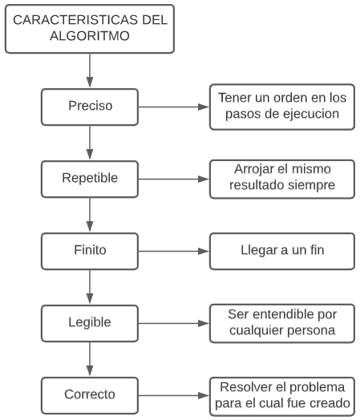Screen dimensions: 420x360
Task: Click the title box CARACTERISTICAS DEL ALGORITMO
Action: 89,29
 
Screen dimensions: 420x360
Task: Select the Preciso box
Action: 89,105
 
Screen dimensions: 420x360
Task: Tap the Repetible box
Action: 89,177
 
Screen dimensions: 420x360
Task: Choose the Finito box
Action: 89,249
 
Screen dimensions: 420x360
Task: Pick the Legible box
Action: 89,322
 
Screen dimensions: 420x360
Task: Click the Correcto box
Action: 89,394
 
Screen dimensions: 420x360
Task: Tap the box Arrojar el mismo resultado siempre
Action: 281,177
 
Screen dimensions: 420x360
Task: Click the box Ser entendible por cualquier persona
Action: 281,322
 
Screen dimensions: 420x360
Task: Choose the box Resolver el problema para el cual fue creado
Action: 281,394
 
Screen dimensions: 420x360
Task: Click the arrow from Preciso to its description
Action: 172,105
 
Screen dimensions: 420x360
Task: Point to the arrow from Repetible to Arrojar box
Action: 172,177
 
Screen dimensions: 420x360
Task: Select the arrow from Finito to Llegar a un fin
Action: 172,249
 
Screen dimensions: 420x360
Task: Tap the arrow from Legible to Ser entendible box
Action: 172,322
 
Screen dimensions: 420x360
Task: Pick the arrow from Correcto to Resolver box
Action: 172,394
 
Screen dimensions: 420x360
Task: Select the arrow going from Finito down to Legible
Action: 89,286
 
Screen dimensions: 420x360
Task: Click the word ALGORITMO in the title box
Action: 89,37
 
